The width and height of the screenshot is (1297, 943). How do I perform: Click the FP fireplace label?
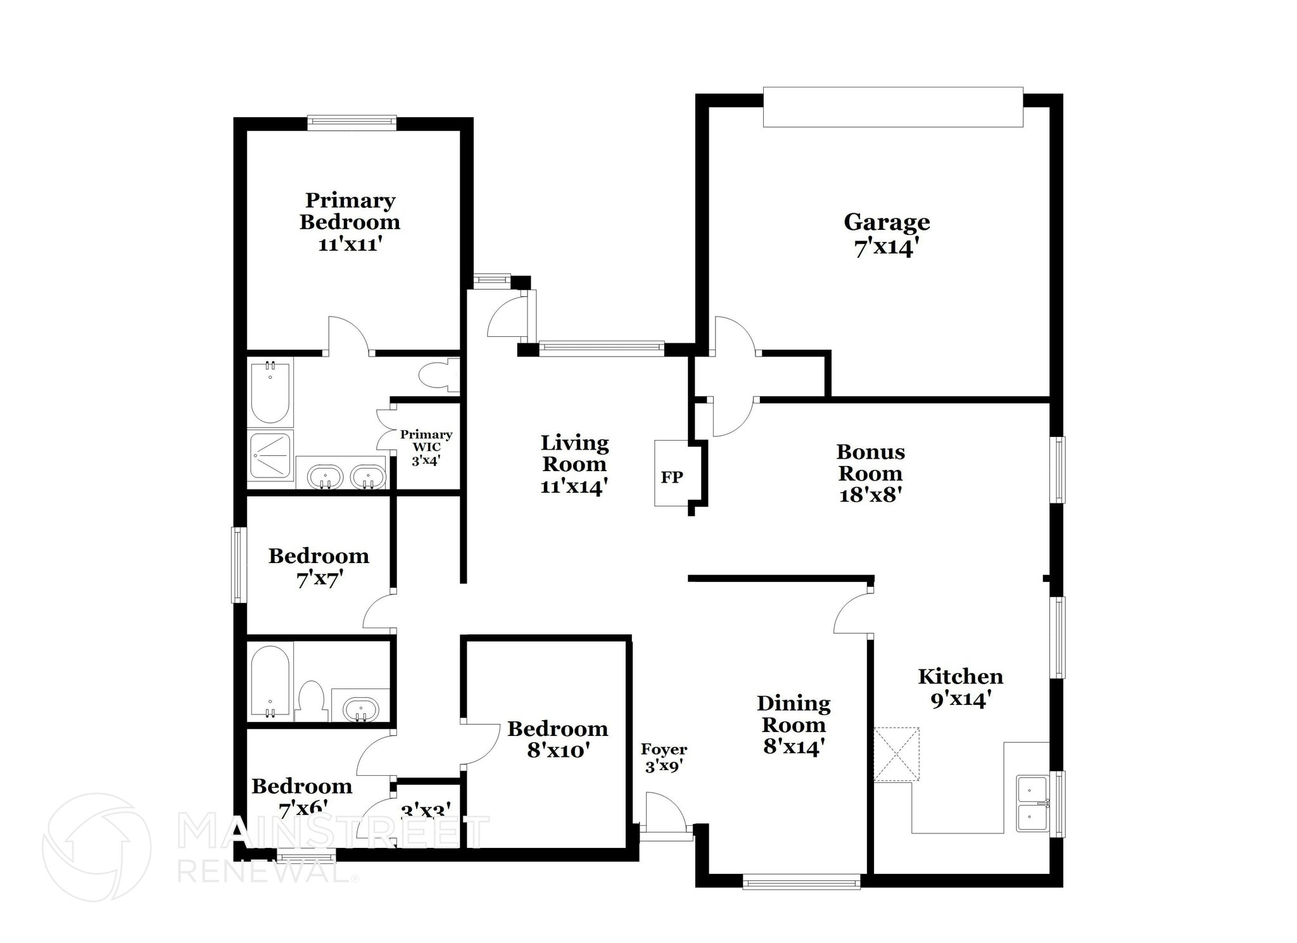click(x=672, y=477)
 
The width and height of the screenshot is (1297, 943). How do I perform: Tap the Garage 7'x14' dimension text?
click(x=886, y=248)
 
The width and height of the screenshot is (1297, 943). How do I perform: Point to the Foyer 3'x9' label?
click(x=664, y=757)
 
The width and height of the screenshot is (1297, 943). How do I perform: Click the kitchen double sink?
click(x=1032, y=803)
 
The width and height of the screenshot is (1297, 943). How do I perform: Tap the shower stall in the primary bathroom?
click(x=270, y=455)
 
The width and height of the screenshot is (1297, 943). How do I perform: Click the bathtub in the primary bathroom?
click(x=270, y=393)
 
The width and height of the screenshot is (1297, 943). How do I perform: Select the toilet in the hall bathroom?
click(x=311, y=700)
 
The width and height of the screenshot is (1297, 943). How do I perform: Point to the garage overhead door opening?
click(x=892, y=107)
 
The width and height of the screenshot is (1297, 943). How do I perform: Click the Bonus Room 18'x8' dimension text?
click(x=870, y=495)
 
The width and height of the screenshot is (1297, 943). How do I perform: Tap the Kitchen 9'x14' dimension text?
click(x=960, y=699)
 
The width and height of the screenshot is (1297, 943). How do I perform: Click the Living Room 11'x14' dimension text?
click(x=574, y=486)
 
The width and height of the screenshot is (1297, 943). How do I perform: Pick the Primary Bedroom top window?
click(x=352, y=123)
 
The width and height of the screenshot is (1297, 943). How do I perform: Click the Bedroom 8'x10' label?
click(x=558, y=739)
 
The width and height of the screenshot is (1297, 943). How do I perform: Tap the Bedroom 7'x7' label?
click(x=319, y=567)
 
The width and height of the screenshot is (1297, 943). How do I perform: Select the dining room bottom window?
click(x=801, y=881)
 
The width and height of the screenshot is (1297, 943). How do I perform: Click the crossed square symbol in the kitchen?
click(x=896, y=754)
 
